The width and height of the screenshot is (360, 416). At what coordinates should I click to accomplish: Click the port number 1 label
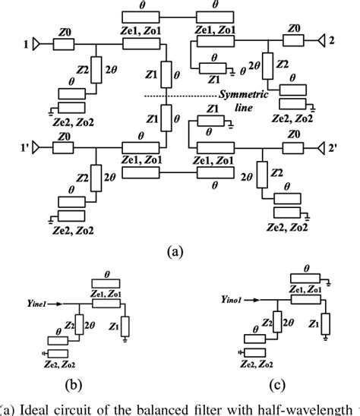point(27,45)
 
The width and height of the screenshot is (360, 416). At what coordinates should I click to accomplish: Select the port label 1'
point(28,146)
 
